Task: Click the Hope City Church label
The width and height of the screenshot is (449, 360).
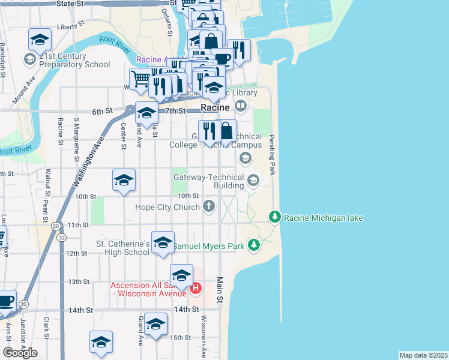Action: tap(167, 208)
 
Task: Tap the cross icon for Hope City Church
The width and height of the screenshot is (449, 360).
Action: tap(209, 207)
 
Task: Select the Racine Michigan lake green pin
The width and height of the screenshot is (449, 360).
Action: tap(274, 217)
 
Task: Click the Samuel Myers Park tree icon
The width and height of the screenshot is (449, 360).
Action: tap(254, 245)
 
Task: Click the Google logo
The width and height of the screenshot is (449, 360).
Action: tap(20, 353)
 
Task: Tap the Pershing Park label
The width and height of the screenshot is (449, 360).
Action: tap(271, 155)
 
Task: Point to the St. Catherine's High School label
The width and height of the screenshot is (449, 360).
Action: tap(122, 248)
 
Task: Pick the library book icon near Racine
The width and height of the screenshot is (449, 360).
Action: tap(241, 106)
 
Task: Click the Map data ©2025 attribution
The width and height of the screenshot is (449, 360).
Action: tap(424, 355)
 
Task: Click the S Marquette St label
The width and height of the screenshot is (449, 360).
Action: tap(76, 140)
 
